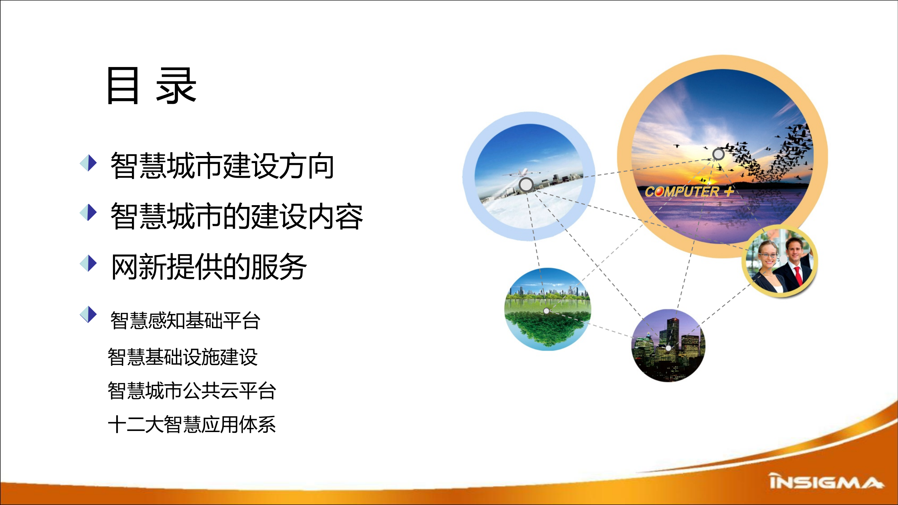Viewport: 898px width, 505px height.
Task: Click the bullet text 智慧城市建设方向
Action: (x=222, y=166)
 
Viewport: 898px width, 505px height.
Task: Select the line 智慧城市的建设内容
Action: (x=237, y=216)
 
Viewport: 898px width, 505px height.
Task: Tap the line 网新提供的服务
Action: (x=208, y=267)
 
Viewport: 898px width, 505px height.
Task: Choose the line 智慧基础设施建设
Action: (x=182, y=357)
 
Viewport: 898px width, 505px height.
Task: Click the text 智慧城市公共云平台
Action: (x=192, y=391)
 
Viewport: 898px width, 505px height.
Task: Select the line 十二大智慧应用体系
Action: (x=192, y=424)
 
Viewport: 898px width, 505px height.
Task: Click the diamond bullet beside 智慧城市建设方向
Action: (x=88, y=163)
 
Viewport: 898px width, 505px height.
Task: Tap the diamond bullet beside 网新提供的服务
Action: (x=88, y=263)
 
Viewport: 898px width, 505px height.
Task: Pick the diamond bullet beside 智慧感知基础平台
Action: (x=88, y=314)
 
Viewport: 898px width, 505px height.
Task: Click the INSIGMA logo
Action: (x=826, y=482)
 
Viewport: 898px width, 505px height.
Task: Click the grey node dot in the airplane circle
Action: (x=526, y=184)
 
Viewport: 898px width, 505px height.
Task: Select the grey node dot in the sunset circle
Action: (x=718, y=154)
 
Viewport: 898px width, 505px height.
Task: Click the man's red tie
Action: (x=798, y=275)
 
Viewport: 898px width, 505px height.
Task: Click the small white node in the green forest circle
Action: (x=546, y=311)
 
